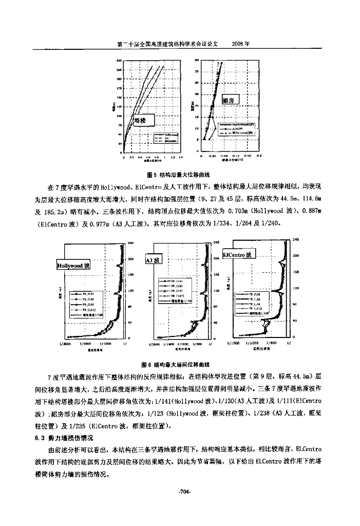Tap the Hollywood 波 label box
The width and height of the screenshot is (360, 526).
pyautogui.click(x=73, y=266)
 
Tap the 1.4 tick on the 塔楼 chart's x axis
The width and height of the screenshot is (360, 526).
pyautogui.click(x=182, y=157)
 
